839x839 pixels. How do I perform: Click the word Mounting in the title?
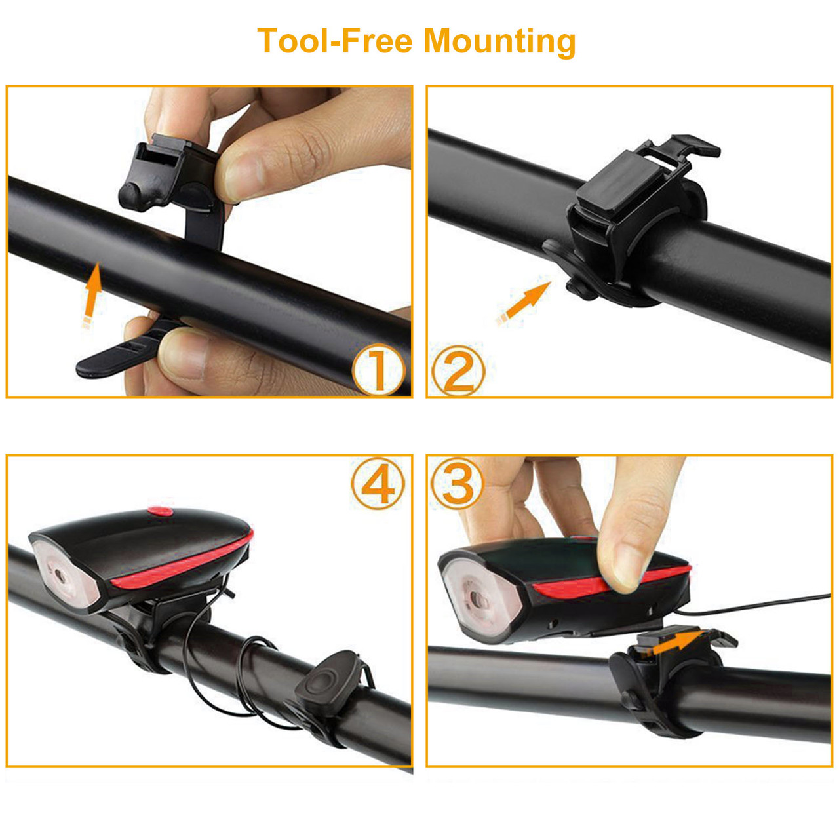pyautogui.click(x=499, y=42)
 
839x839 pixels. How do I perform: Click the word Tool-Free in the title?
pyautogui.click(x=334, y=41)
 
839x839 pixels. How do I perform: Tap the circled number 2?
pyautogui.click(x=458, y=370)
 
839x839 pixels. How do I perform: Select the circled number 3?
pyautogui.click(x=458, y=484)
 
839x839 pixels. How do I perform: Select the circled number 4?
pyautogui.click(x=378, y=484)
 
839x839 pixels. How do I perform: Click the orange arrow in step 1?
pyautogui.click(x=92, y=294)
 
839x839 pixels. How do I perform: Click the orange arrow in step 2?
pyautogui.click(x=524, y=301)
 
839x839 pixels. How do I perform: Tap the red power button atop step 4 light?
pyautogui.click(x=160, y=511)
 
